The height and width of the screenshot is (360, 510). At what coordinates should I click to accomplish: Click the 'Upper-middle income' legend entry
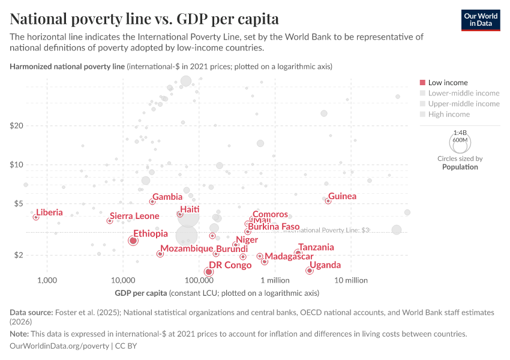coord(463,104)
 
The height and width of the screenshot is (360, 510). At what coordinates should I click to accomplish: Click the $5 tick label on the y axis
coord(18,204)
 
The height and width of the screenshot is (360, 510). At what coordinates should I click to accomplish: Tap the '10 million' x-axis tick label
coord(351,280)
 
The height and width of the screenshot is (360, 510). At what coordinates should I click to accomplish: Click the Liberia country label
coord(49,212)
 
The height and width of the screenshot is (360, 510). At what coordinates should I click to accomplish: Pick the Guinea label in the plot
coord(342,196)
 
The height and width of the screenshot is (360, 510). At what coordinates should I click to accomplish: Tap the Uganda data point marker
coord(309,271)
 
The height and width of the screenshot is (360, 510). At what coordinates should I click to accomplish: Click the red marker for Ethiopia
coord(133,241)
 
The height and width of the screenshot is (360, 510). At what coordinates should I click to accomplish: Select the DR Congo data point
coord(208,272)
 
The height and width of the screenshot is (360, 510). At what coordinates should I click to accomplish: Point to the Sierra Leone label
coord(134,216)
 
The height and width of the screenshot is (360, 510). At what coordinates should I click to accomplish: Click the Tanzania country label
coord(316,247)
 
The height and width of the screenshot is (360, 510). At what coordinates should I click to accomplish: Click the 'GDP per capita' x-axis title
coord(141,293)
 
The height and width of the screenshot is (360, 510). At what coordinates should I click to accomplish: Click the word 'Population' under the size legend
coord(460,167)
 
